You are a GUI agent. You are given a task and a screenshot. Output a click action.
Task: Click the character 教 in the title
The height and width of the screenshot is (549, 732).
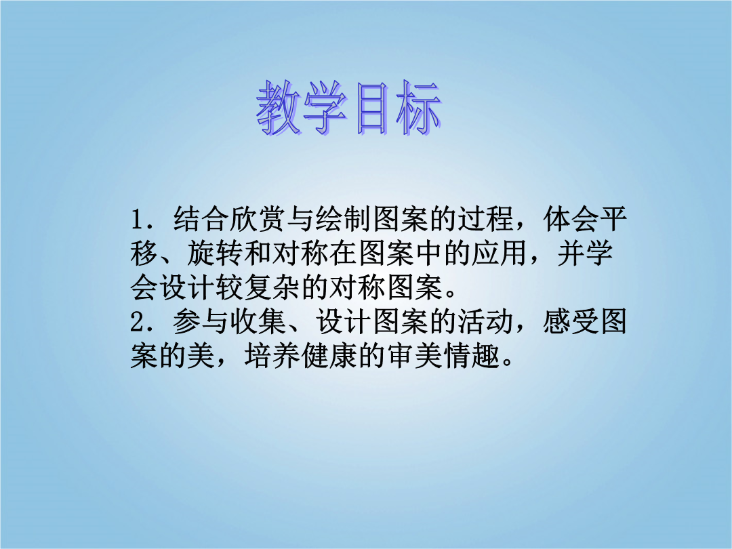coord(279,108)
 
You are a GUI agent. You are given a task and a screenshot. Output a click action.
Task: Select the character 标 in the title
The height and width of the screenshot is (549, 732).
coord(418,108)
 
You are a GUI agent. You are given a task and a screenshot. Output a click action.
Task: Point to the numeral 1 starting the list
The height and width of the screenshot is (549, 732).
coord(137,220)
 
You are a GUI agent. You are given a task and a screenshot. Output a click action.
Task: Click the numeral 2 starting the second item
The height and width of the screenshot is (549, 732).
coord(137,322)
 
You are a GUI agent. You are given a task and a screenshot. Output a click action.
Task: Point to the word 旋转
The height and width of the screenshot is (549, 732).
coord(216,253)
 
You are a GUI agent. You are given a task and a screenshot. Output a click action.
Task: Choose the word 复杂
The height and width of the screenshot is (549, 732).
coord(272,287)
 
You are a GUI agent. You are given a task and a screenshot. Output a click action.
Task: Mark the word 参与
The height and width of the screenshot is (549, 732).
coord(201,322)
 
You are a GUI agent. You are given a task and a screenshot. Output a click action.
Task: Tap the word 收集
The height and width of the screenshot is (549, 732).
coord(258,322)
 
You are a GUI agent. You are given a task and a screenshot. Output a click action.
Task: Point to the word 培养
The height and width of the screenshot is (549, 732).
coord(272,357)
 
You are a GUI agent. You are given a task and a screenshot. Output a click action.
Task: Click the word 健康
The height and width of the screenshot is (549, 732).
coord(329,357)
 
